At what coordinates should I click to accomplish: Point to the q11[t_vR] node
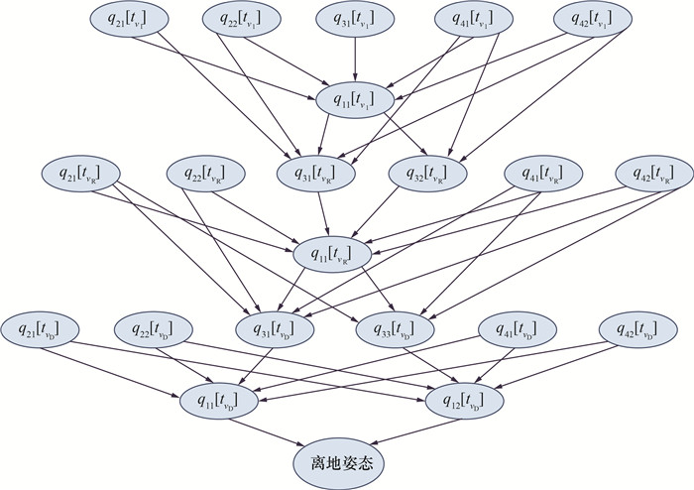[333, 253]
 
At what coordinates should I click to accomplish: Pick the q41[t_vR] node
[544, 173]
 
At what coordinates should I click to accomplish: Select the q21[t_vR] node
[78, 173]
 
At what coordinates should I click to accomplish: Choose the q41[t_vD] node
[516, 326]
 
